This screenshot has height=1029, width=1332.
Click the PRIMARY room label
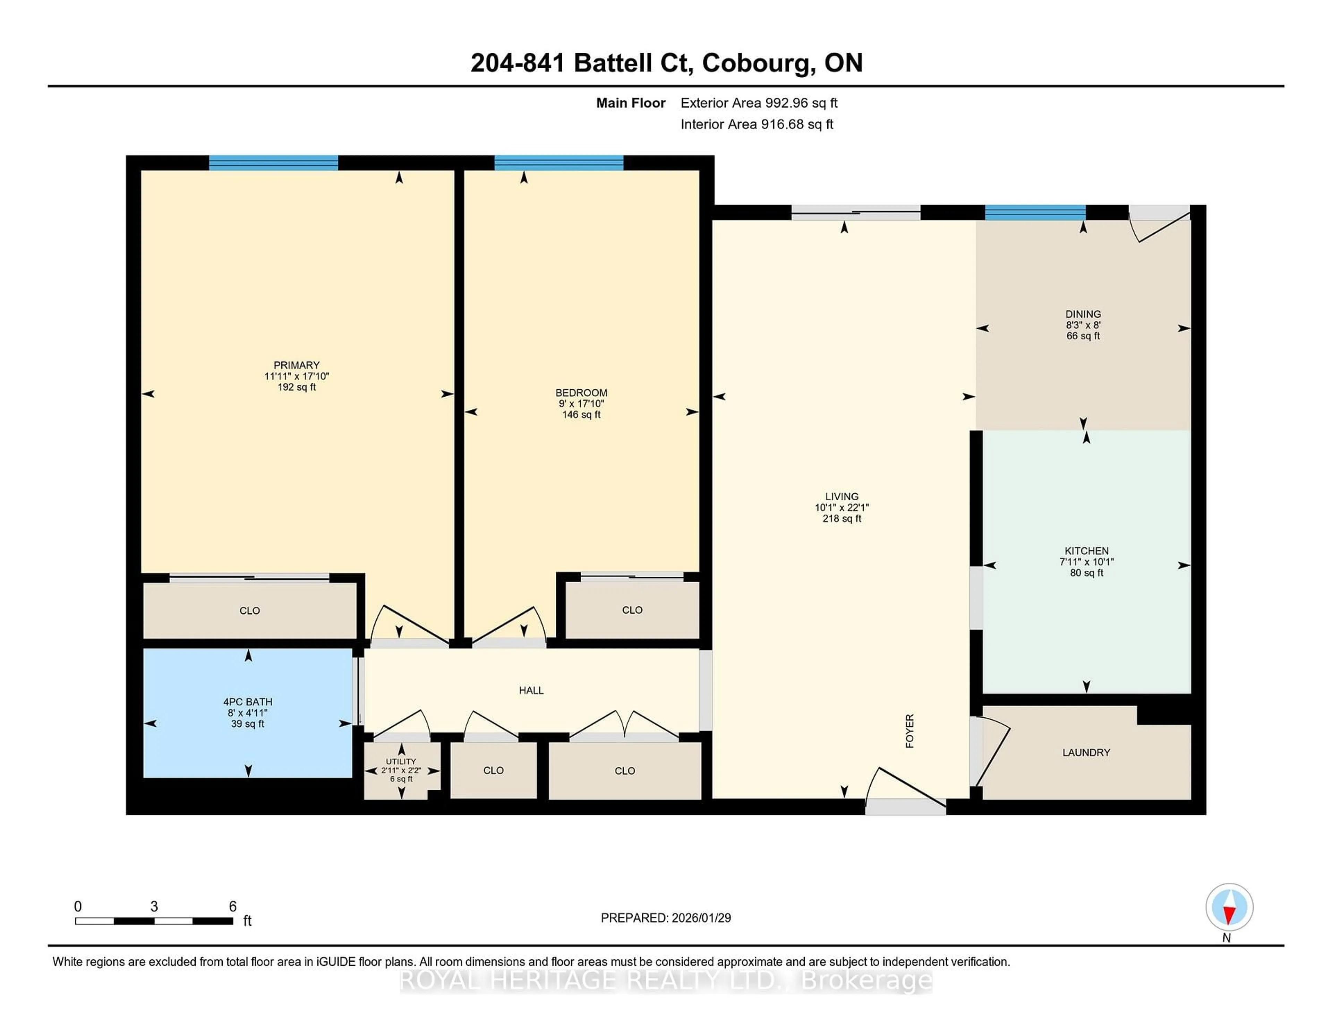pos(297,365)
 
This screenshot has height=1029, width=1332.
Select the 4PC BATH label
pos(248,702)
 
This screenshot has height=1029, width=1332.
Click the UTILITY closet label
pos(401,761)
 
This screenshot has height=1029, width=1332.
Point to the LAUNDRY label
pos(1086,752)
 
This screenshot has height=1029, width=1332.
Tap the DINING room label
pos(1083,314)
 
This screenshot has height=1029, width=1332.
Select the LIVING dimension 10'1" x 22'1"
pos(842,507)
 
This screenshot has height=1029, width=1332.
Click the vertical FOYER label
pos(910,731)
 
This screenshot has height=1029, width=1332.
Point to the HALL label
pos(531,690)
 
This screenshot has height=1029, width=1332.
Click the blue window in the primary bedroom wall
pos(273,163)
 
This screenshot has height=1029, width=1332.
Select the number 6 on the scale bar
pos(232,907)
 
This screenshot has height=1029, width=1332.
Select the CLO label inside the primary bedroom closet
pos(249,610)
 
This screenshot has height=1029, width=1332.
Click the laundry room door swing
pos(993,752)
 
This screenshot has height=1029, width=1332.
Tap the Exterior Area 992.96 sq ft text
pos(759,103)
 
